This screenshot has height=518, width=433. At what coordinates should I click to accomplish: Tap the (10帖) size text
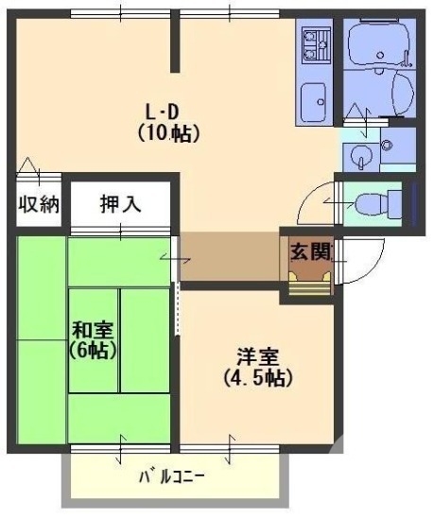click(x=167, y=134)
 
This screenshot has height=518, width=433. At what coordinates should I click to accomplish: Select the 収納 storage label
click(x=37, y=204)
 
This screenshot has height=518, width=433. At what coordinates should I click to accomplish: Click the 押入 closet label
click(x=122, y=204)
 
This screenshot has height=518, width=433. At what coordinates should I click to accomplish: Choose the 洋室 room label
click(x=256, y=358)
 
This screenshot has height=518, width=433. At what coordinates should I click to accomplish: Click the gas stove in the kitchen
click(x=314, y=41)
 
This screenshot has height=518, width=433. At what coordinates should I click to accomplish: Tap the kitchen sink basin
click(x=313, y=96)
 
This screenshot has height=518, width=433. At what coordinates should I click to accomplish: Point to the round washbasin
click(x=360, y=156)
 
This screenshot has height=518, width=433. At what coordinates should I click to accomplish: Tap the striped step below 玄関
click(x=308, y=285)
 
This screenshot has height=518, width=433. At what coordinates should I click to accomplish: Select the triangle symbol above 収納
click(x=27, y=165)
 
